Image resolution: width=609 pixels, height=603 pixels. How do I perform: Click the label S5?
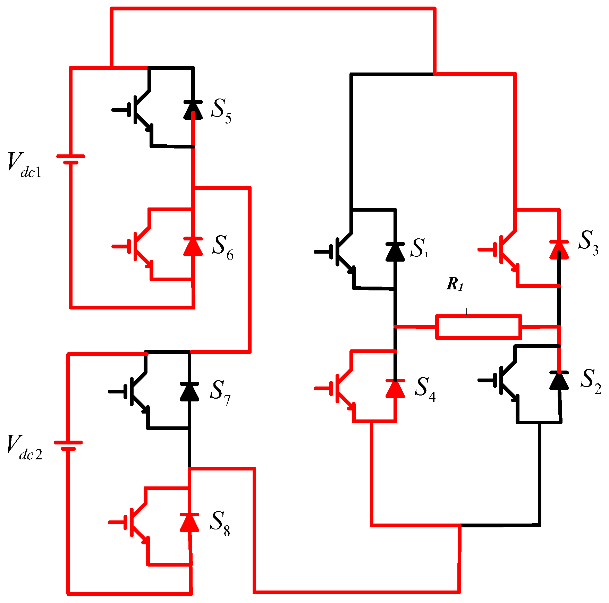coord(221,111)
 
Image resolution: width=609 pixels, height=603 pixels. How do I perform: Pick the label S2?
coord(591,381)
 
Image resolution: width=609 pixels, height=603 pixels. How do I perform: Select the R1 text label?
coord(455,284)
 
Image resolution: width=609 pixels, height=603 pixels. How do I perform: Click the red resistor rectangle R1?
coord(479,326)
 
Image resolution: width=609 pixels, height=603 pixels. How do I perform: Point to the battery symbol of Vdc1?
coord(71,159)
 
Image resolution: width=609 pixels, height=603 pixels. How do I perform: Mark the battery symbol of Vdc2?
coord(68,445)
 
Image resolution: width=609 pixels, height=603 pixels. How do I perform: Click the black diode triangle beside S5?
coord(193,110)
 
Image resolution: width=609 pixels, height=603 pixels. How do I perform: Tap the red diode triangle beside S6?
coord(193,247)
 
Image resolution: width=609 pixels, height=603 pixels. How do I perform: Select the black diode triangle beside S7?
coord(189,392)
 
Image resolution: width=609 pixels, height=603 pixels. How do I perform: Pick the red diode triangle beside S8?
coord(189,523)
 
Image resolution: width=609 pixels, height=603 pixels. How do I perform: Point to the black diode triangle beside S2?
coord(559,381)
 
